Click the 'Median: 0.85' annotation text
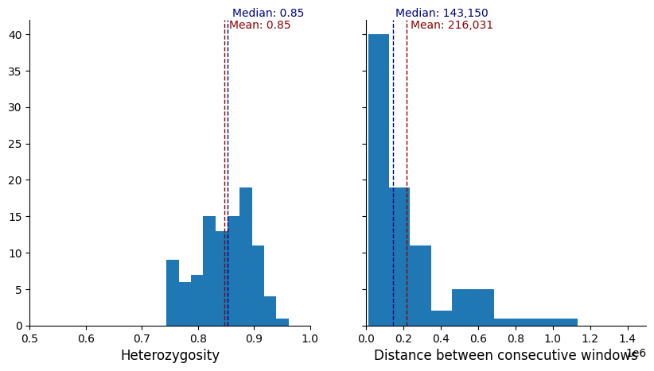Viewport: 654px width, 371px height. pyautogui.click(x=268, y=14)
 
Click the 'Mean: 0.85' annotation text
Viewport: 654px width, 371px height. pyautogui.click(x=260, y=25)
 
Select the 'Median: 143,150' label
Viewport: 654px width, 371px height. pyautogui.click(x=442, y=14)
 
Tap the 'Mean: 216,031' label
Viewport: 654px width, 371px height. pyautogui.click(x=452, y=25)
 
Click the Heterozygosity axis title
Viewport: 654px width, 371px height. pyautogui.click(x=169, y=355)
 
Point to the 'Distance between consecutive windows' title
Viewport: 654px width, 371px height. pyautogui.click(x=505, y=355)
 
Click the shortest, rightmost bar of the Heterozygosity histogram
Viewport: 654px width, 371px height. pyautogui.click(x=282, y=322)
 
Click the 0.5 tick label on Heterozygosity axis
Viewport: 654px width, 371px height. pyautogui.click(x=30, y=338)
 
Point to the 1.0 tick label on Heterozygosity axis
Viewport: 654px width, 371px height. pyautogui.click(x=310, y=338)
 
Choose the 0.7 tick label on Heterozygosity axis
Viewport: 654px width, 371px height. pyautogui.click(x=142, y=338)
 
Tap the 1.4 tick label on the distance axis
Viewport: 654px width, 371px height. pyautogui.click(x=627, y=338)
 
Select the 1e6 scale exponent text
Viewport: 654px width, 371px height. pyautogui.click(x=636, y=353)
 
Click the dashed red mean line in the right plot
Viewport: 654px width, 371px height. pyautogui.click(x=407, y=159)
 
